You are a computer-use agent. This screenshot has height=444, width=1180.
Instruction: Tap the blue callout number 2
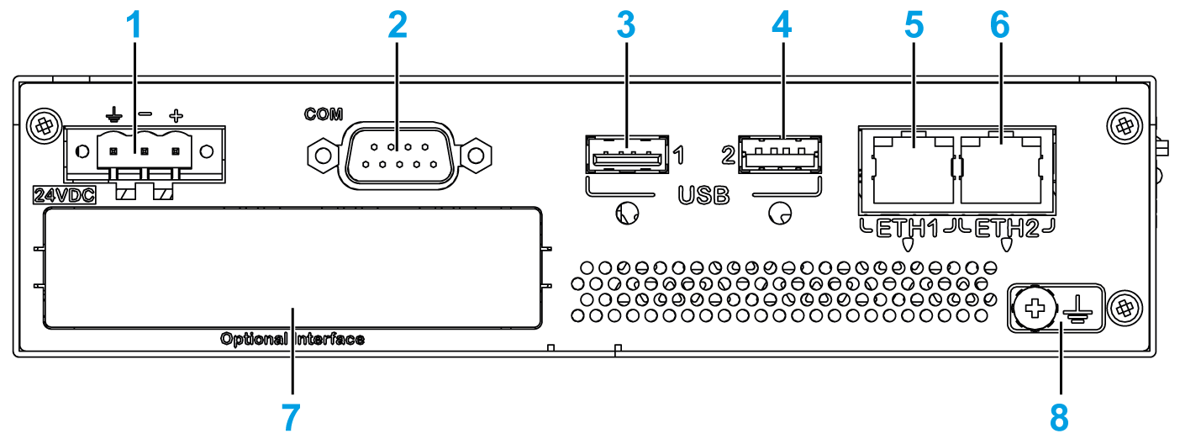point(398,24)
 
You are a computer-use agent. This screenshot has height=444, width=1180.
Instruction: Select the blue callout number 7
point(292,415)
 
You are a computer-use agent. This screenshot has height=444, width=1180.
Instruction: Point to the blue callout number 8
point(1060,415)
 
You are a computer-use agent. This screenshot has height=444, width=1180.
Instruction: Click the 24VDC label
point(64,196)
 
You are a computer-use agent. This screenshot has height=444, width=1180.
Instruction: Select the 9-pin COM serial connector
point(397,155)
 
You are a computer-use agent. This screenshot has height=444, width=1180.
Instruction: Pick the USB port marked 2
point(779,155)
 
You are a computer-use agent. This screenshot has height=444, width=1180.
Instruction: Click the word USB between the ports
point(703,197)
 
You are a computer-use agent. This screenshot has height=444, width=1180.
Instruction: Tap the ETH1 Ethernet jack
point(913,167)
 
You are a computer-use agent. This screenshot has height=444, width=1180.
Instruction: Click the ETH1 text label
point(907,227)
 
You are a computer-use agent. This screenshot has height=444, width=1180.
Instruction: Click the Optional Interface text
point(292,340)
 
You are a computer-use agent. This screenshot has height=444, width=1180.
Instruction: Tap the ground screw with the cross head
point(1037,309)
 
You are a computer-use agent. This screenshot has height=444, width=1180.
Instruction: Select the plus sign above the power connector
point(176,114)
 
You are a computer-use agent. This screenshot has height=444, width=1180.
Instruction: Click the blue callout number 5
point(913,24)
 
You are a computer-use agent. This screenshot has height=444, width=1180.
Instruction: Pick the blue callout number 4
point(782,24)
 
